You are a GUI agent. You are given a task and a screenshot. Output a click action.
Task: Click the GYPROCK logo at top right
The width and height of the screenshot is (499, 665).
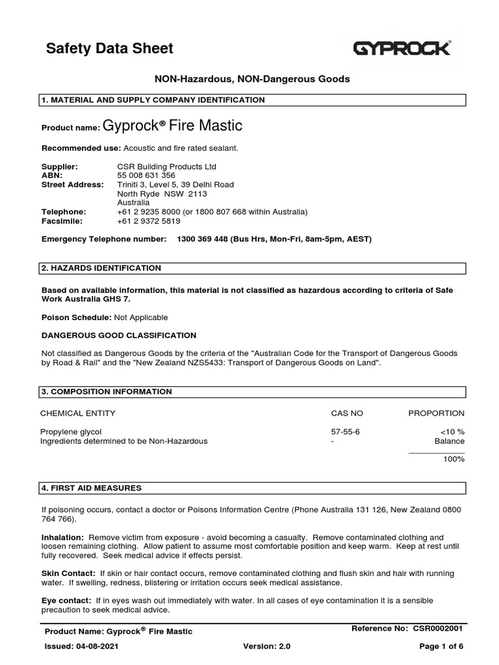click(x=402, y=48)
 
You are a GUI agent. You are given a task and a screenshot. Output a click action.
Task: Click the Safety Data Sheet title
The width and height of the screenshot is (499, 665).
click(x=109, y=48)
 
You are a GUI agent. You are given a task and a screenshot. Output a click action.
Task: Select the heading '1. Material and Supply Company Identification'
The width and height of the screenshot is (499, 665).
click(x=153, y=100)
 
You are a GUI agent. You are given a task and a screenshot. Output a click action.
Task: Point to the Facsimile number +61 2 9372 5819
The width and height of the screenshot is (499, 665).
click(x=149, y=221)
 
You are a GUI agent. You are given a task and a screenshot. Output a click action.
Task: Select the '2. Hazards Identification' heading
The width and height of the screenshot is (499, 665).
click(x=101, y=268)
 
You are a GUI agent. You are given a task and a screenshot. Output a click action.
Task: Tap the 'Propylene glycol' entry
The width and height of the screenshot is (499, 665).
click(x=71, y=432)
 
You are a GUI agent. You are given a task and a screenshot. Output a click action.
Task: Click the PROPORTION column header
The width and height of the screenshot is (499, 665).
click(x=436, y=413)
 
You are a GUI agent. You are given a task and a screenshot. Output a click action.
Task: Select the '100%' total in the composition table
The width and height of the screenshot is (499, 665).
click(x=454, y=458)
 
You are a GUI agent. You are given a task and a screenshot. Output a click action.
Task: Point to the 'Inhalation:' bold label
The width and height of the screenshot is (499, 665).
click(x=62, y=538)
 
